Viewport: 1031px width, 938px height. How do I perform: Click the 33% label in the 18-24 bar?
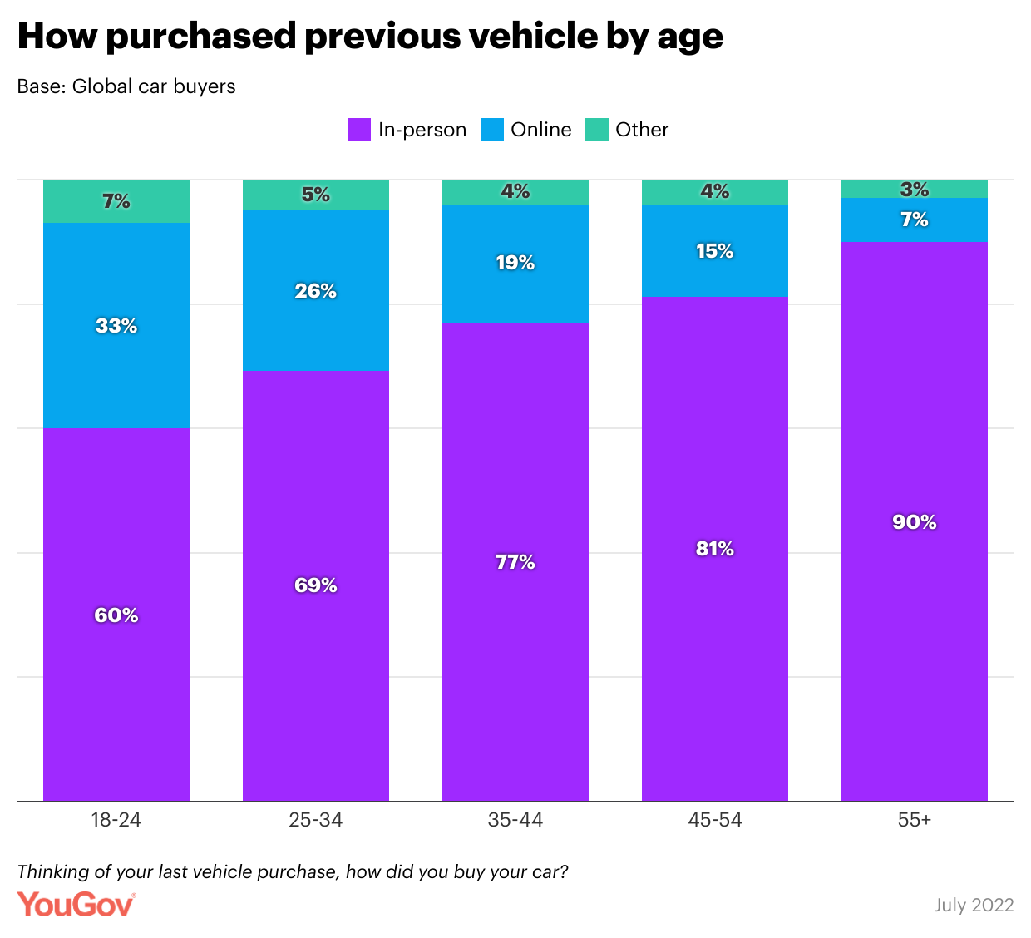click(116, 326)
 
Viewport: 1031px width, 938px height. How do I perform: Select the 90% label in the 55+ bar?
click(915, 522)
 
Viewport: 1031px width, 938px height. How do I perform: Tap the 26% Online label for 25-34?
click(316, 291)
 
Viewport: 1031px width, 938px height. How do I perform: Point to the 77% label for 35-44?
click(515, 562)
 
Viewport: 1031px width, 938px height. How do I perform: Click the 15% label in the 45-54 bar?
click(715, 251)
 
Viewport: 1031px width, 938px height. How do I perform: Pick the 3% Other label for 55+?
click(915, 190)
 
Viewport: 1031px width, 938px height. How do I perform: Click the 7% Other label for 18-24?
click(116, 201)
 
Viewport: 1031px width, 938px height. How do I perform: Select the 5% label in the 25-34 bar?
click(316, 195)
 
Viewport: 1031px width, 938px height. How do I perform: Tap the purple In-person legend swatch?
click(358, 130)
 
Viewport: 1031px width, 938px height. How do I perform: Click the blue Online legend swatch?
click(492, 130)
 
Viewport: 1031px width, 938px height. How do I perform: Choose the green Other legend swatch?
click(597, 130)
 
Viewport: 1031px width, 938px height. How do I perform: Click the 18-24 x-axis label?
click(116, 820)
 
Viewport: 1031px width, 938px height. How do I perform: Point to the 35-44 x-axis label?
click(515, 820)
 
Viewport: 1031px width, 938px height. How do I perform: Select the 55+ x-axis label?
click(915, 820)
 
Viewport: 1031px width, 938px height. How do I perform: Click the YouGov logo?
click(76, 905)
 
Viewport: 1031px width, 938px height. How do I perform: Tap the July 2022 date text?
click(974, 905)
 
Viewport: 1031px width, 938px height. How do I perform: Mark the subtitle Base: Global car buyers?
click(126, 86)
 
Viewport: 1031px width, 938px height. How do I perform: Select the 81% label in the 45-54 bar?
click(715, 549)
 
